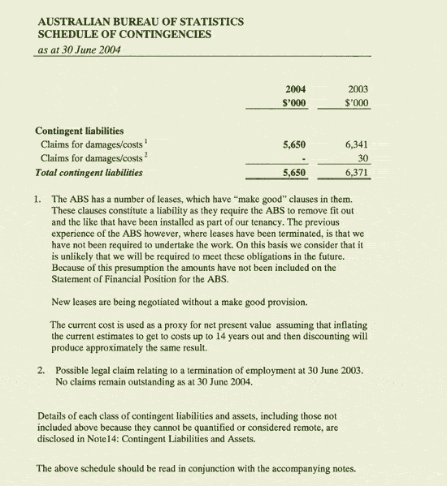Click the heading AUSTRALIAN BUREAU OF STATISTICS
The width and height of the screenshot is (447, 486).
tap(140, 21)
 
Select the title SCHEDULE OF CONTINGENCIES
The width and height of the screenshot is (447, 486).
tap(124, 35)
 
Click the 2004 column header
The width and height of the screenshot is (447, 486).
tap(293, 88)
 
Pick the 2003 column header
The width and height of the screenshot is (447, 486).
tap(357, 88)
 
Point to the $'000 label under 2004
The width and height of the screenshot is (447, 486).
tap(293, 103)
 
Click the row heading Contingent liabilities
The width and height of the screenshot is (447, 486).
tap(79, 130)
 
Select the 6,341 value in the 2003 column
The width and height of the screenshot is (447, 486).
tap(357, 144)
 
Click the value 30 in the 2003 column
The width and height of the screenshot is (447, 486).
tap(363, 158)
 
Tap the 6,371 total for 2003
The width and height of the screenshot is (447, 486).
tap(357, 173)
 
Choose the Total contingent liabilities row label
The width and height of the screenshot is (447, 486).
tap(89, 173)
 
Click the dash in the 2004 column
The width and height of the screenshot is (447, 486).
tap(302, 159)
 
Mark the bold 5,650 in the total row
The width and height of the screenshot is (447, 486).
tap(293, 173)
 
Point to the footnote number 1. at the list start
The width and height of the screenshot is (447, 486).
tap(38, 199)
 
